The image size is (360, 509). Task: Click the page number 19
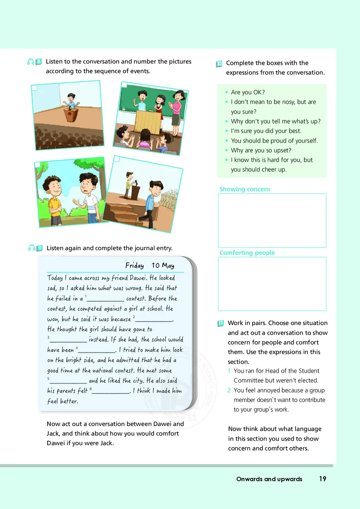tap(323, 479)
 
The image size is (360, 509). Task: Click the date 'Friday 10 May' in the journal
tap(150, 265)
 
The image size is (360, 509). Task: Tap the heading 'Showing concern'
tap(244, 189)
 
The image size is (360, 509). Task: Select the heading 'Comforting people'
tap(247, 253)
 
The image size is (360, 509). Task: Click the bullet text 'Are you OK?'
tap(247, 92)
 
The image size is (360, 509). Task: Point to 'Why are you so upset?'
tap(261, 150)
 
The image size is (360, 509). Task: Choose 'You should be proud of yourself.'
tap(274, 141)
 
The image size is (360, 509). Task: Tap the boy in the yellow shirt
tap(54, 198)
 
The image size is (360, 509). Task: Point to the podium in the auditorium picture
tap(70, 114)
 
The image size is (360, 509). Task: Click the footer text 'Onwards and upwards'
tap(269, 479)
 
